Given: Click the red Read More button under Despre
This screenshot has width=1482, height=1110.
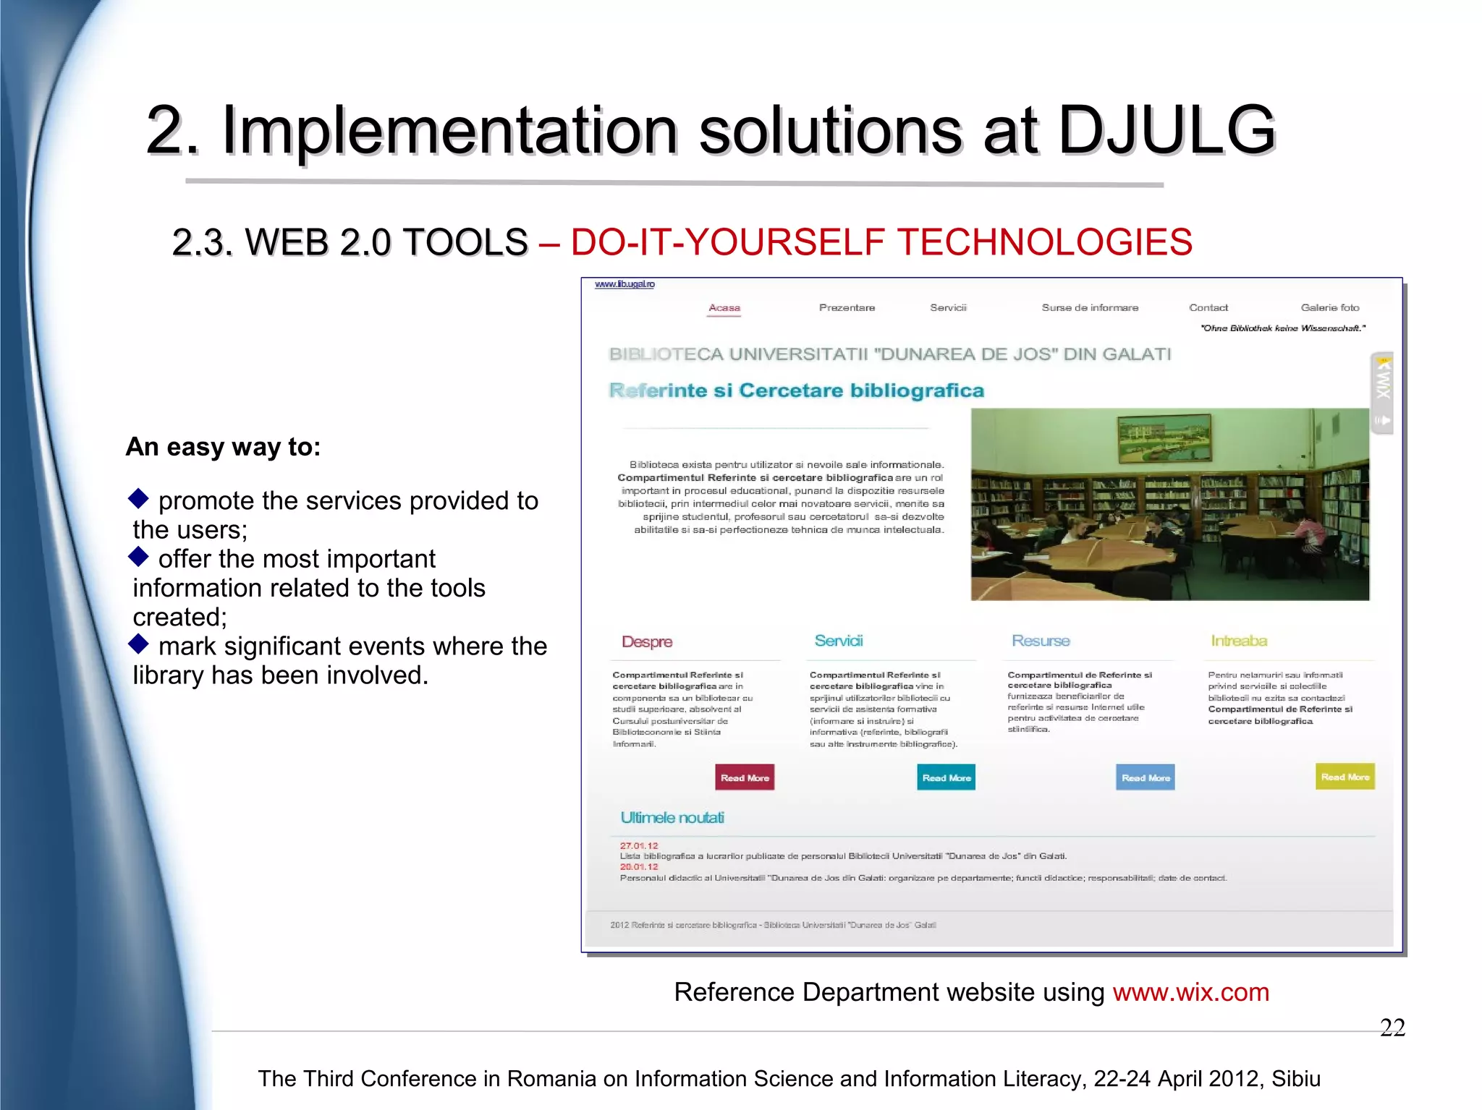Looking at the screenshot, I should [745, 777].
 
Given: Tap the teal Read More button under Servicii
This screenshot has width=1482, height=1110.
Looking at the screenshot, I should [946, 777].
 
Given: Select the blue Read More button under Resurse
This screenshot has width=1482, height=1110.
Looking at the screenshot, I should [1145, 777].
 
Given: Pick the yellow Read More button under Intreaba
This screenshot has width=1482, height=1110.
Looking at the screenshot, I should [1345, 777].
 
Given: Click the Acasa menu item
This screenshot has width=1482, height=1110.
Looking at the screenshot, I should [724, 308].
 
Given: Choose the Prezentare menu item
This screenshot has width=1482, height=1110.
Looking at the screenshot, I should [847, 308].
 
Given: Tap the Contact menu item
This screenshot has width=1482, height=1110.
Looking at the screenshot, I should [1208, 308].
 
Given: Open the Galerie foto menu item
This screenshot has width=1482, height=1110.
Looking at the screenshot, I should [1329, 308].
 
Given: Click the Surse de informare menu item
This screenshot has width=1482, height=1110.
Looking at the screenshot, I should [1090, 308].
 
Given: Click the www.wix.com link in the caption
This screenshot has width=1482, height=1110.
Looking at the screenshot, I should [1190, 992].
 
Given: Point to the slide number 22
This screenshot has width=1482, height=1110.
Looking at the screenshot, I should [1392, 1028].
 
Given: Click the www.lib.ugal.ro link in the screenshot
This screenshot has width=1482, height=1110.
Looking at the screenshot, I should [624, 284].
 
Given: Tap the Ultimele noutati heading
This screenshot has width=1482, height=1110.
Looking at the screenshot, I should [672, 818].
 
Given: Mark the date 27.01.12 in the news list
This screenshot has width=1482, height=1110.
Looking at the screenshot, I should [639, 845].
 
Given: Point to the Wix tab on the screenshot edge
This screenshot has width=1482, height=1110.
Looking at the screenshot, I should [1382, 393].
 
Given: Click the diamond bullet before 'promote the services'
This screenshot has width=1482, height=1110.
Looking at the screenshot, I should [138, 498].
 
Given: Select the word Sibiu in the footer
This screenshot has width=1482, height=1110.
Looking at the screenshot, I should [1296, 1079].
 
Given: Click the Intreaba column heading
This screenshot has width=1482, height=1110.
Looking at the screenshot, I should [1239, 641].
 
